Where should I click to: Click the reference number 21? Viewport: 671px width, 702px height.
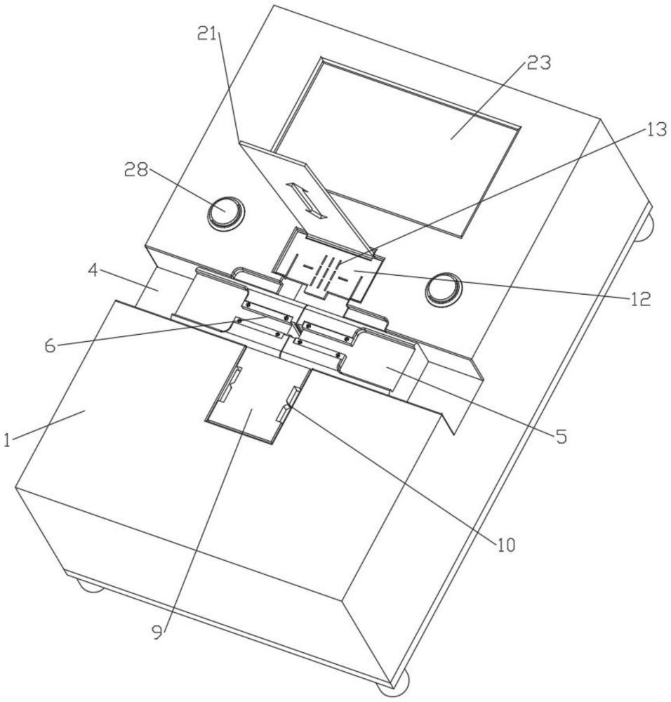[x=208, y=34]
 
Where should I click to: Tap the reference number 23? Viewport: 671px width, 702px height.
[x=538, y=63]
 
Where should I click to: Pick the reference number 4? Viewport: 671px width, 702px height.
[x=93, y=272]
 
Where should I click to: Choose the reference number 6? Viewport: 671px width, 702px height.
[x=50, y=345]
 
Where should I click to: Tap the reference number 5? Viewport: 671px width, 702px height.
[x=562, y=436]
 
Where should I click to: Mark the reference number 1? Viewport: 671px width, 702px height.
[x=7, y=440]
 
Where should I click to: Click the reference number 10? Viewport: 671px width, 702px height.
[x=505, y=545]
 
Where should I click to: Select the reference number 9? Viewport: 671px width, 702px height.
[x=157, y=632]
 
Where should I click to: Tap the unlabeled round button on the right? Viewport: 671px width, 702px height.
[x=444, y=289]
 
